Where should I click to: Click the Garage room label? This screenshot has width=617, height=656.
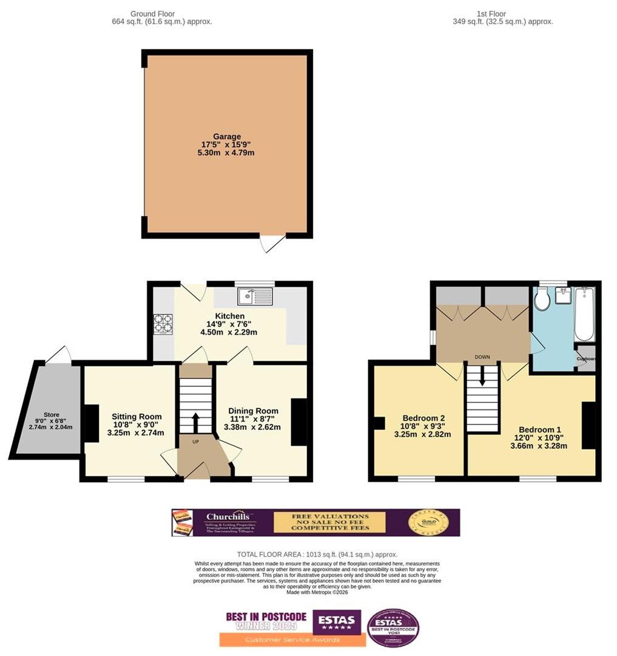[228, 137]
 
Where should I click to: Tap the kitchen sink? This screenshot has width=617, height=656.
[256, 296]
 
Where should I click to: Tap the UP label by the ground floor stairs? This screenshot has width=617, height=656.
[196, 442]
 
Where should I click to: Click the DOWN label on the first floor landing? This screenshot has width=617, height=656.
[482, 357]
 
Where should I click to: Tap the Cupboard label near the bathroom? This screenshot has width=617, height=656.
[586, 359]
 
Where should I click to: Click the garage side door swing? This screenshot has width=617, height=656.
[271, 243]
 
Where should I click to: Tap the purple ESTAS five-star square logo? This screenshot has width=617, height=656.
[337, 621]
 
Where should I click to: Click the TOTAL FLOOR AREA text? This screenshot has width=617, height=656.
[317, 555]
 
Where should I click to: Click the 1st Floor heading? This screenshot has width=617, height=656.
[491, 13]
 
